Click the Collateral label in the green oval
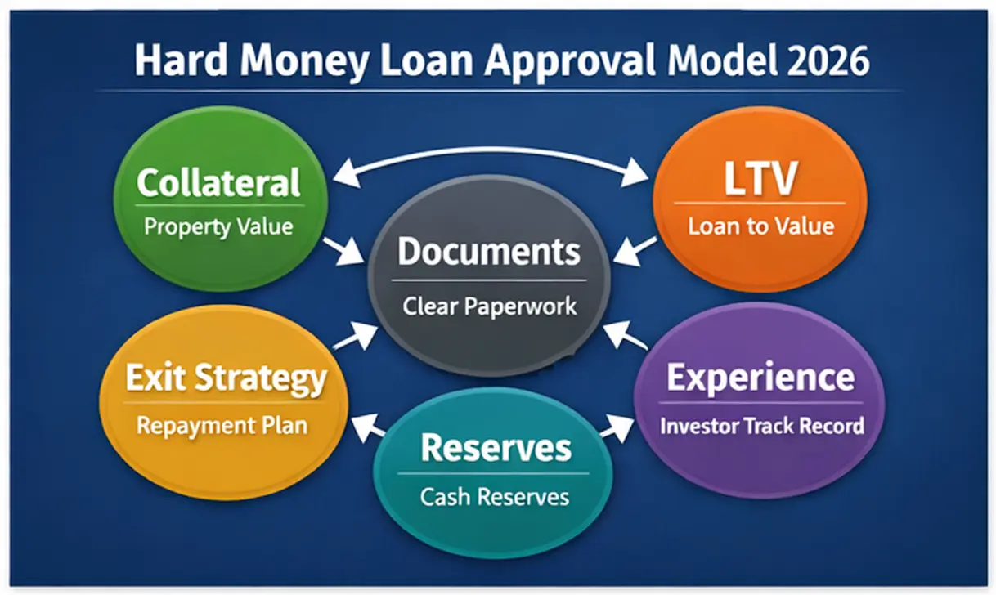(218, 182)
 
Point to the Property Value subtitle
(218, 226)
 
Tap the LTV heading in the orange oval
(760, 181)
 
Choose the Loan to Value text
(760, 226)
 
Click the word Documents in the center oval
(489, 252)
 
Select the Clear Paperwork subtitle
(489, 306)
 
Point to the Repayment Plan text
(222, 425)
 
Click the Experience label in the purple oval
(760, 378)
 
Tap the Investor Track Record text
(761, 425)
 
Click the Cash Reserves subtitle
(495, 496)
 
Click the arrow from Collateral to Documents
(344, 251)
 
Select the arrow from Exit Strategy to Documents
(354, 336)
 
